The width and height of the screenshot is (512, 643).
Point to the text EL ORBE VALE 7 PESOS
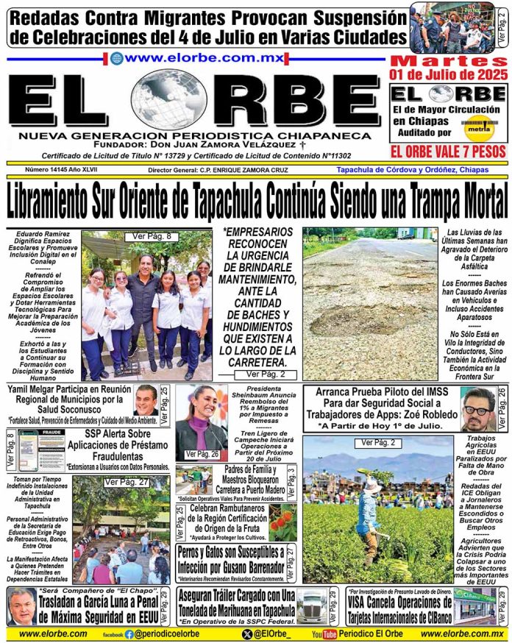448,152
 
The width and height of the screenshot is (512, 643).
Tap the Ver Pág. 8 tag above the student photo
152,236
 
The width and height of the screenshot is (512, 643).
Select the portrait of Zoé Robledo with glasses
477,409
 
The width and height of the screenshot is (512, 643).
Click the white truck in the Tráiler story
313,606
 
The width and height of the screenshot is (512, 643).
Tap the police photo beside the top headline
451,27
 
